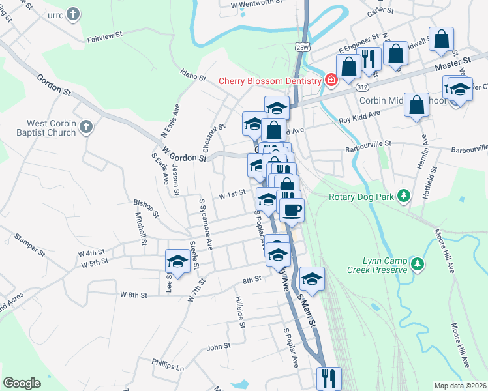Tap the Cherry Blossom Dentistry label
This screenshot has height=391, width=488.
click(269, 81)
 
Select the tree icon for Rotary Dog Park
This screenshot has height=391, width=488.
click(404, 195)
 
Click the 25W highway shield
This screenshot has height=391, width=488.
click(301, 47)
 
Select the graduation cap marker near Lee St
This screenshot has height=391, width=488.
click(177, 261)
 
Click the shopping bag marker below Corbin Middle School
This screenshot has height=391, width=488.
click(416, 105)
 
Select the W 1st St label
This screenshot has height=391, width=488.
click(231, 194)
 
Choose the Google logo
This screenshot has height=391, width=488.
click(22, 383)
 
